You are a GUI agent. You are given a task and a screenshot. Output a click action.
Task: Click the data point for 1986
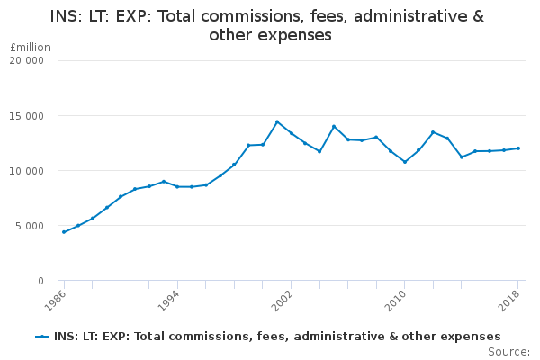(x=64, y=232)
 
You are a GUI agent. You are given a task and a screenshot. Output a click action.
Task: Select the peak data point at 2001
(x=277, y=121)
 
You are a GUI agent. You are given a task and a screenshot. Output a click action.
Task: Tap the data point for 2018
(x=518, y=148)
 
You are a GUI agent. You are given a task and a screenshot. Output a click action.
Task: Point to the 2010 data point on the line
(x=405, y=162)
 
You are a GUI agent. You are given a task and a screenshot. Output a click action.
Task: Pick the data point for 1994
(x=177, y=186)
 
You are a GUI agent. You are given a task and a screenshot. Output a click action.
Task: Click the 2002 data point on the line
(x=292, y=133)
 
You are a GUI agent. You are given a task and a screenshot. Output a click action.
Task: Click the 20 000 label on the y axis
(x=26, y=60)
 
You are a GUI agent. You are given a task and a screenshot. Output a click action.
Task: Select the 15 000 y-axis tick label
(x=26, y=116)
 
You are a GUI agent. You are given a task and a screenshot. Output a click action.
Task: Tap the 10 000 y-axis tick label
(x=26, y=171)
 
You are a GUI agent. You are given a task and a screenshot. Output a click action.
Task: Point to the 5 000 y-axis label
(x=30, y=226)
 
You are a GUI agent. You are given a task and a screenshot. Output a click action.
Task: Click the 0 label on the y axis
(x=41, y=281)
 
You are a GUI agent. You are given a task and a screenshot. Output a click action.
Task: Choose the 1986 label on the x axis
(x=55, y=301)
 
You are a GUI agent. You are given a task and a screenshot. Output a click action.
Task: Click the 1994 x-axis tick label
(x=168, y=301)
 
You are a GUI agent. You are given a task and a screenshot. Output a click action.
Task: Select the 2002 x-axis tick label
(x=282, y=301)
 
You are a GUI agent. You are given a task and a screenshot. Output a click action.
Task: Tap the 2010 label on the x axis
(x=396, y=301)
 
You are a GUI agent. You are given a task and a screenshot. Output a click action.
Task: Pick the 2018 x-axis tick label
(x=509, y=301)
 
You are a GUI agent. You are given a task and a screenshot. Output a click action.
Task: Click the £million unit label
(x=31, y=48)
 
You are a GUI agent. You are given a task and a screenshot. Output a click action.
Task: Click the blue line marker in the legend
(x=42, y=337)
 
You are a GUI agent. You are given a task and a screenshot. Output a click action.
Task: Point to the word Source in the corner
(x=508, y=352)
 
